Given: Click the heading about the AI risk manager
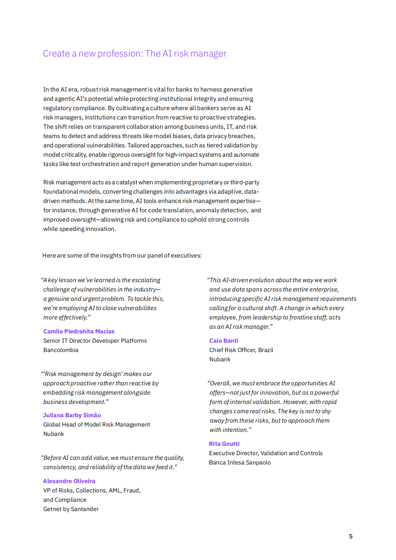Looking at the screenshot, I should tap(134, 54).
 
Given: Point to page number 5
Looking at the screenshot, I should tap(351, 536).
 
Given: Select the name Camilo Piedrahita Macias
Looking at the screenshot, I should tap(79, 331).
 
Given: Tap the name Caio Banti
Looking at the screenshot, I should tap(224, 341).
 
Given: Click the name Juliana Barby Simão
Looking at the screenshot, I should tap(72, 415).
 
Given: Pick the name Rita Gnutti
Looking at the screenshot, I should tap(224, 444).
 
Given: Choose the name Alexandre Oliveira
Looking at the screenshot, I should tap(69, 481).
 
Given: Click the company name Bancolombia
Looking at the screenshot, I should tap(61, 350).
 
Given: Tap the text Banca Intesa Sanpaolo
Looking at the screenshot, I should tap(240, 463).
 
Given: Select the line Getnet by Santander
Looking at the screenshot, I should tap(71, 509).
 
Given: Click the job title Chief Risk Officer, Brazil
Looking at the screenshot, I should tap(241, 350).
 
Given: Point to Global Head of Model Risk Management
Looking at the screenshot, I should tap(97, 425).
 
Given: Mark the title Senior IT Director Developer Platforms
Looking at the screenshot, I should tap(95, 341).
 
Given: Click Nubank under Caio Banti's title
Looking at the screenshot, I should tap(220, 359).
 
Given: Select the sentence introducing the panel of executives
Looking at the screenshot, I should tap(122, 256).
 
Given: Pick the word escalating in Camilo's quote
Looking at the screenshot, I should tap(146, 280).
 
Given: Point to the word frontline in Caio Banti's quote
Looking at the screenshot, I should tap(302, 317).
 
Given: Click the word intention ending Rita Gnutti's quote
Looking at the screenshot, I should tap(235, 430).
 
